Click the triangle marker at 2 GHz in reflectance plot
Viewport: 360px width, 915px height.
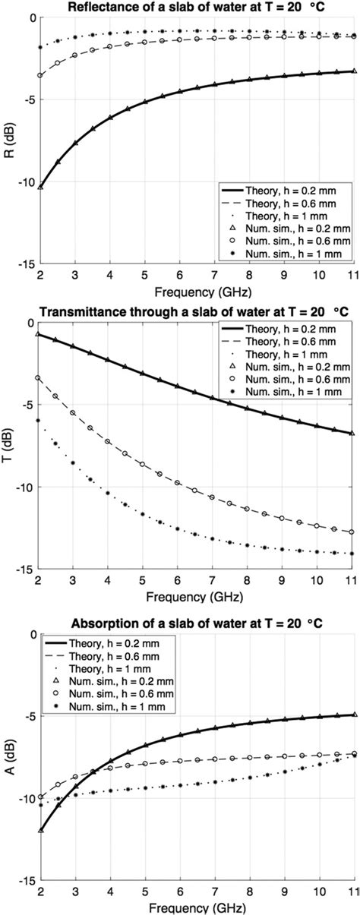(x=39, y=187)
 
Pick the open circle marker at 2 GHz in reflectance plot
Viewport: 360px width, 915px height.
(x=39, y=75)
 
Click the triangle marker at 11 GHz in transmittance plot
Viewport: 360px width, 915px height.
(x=352, y=434)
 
